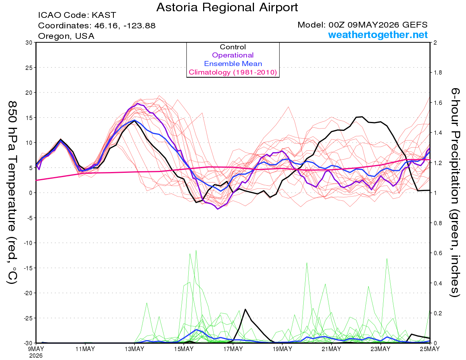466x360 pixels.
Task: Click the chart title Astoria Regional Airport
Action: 227,7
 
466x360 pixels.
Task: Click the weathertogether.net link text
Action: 378,35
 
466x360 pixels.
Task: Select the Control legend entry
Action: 233,47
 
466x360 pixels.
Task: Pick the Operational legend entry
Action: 233,55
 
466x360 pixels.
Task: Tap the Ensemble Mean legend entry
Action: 233,64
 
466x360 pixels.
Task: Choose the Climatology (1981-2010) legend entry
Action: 233,72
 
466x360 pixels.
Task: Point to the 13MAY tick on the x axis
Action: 134,349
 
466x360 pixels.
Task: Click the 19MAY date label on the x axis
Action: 282,349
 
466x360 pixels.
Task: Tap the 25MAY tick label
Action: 430,349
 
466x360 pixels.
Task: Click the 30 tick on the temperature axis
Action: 29,43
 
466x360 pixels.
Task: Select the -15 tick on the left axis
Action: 28,268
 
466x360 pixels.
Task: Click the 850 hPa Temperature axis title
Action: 12,193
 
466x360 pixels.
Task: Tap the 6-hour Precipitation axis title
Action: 455,193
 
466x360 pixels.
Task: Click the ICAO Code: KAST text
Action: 77,15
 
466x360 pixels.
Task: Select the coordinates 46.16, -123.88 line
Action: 97,26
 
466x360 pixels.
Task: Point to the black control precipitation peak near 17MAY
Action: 245,309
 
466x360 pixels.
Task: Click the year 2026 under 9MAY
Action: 36,356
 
